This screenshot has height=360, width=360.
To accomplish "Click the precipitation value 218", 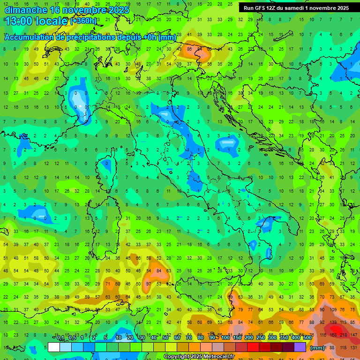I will tap(344, 335).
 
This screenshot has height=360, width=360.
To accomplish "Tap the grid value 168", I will tap(333, 335).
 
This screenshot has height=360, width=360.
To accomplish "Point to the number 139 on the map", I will tap(333, 323).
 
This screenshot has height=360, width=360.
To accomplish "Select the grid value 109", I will tap(333, 310).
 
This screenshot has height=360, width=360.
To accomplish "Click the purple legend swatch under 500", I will tap(300, 347).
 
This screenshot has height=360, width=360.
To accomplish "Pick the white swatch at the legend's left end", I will tap(54, 347).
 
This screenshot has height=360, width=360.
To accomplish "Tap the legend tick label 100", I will tap(225, 338).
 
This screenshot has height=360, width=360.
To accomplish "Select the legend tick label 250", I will tap(261, 338).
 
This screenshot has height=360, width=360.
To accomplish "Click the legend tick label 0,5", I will tap(72, 338).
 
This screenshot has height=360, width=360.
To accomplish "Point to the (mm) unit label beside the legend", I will tap(317, 348).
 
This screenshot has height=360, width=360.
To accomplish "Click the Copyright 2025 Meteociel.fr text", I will tap(199, 357).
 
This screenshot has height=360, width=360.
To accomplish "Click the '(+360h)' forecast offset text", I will tap(83, 21).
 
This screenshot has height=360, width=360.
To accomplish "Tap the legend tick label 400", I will tap(295, 338).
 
